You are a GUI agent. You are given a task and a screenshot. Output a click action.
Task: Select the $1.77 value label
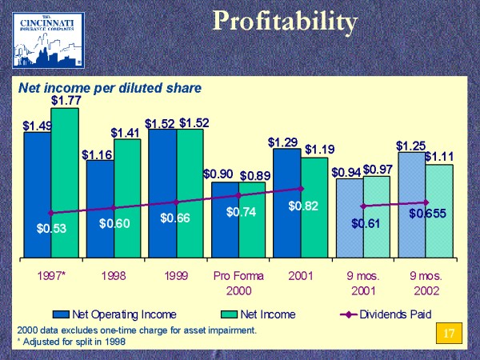pos(65,100)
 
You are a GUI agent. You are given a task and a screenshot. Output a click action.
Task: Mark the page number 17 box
pos(449,333)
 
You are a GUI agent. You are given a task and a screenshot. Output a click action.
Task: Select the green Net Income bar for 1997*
pos(65,184)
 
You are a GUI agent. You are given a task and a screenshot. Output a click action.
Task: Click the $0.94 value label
pos(346,172)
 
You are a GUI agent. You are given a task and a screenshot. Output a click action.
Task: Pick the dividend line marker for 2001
pos(301,189)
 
